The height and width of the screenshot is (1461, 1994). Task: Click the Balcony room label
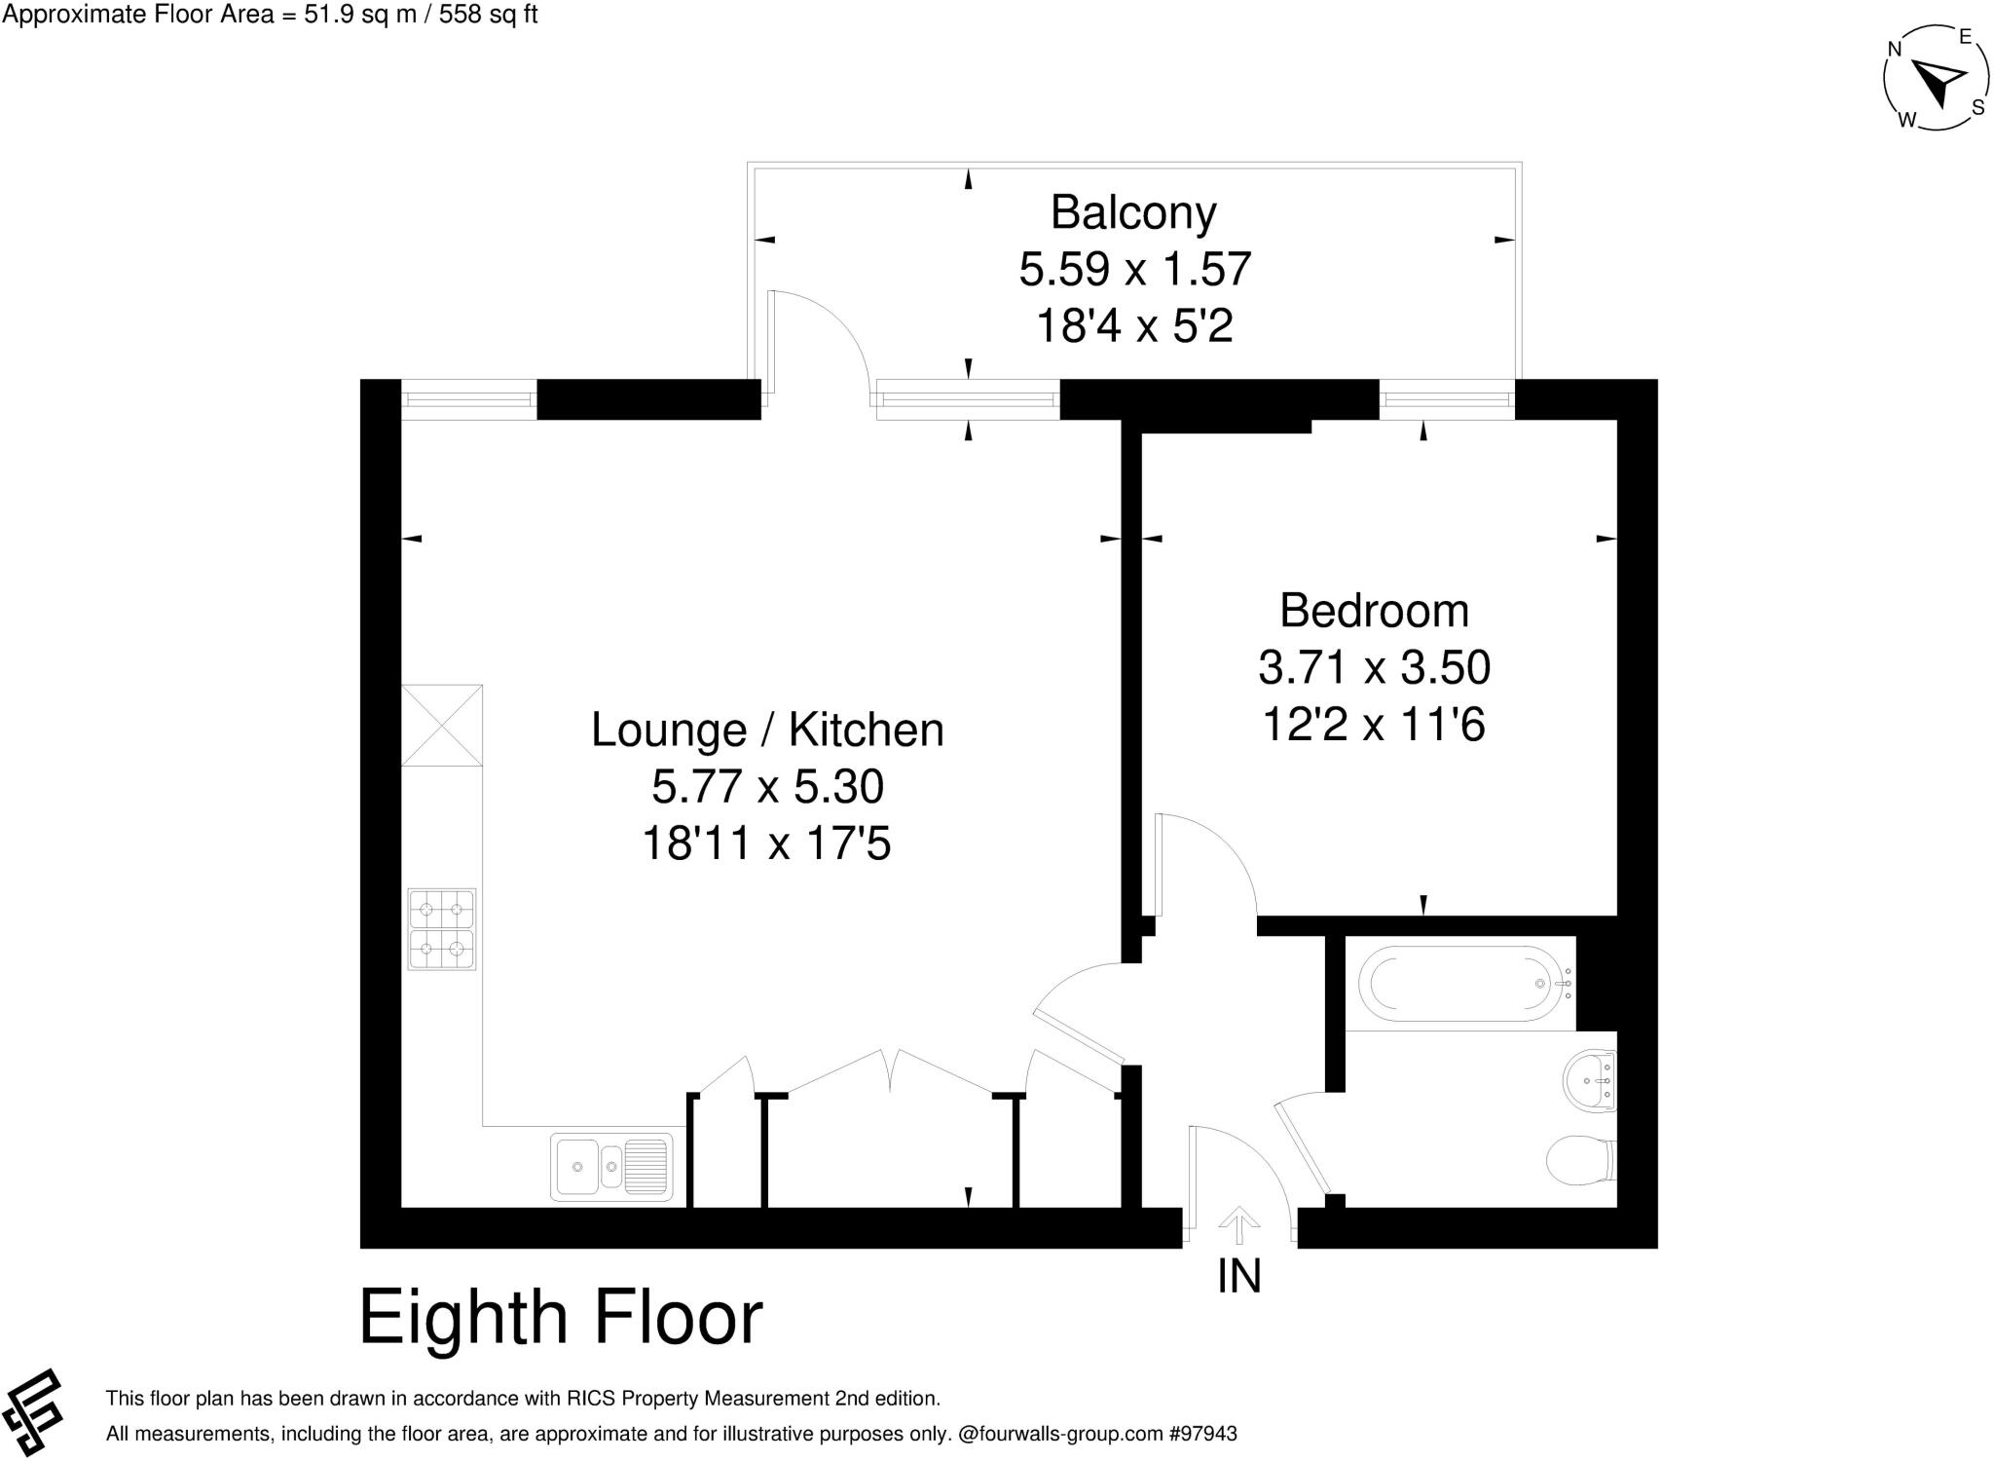[x=1133, y=212]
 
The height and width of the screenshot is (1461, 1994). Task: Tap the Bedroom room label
[x=1374, y=611]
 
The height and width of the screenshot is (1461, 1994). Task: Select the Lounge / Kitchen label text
[x=767, y=730]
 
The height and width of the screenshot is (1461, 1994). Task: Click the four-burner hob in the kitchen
[x=442, y=928]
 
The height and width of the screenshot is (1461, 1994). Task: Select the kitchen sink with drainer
[x=611, y=1166]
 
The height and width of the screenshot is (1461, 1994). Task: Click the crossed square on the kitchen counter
[x=442, y=726]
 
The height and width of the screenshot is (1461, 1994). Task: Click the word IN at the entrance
[x=1238, y=1276]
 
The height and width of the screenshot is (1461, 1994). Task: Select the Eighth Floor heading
[x=561, y=1318]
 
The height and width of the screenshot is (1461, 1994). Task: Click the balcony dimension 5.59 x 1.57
[x=1134, y=269]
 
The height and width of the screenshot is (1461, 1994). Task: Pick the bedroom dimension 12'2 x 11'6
[x=1374, y=725]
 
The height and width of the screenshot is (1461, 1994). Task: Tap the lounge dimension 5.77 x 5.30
[x=767, y=786]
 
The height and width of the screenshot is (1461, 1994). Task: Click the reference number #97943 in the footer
[x=1202, y=1434]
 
